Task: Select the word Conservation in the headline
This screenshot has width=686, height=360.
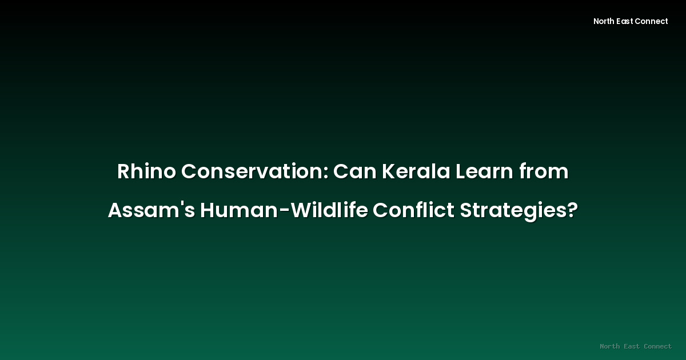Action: point(253,171)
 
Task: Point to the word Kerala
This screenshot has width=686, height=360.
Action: point(416,171)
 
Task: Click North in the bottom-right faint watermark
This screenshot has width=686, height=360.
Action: point(610,346)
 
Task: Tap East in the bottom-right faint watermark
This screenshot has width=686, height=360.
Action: point(632,346)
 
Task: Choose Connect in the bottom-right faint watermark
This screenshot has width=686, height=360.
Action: point(658,346)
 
